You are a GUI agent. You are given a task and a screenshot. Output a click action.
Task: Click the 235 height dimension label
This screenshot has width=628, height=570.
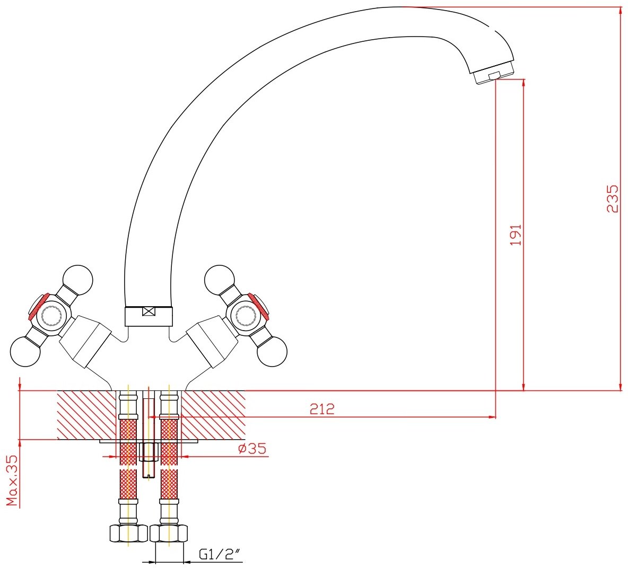click(x=613, y=199)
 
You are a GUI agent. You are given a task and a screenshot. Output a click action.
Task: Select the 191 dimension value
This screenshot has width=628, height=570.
click(x=516, y=235)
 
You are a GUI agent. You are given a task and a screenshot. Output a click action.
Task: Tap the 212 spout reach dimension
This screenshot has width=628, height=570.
click(x=322, y=409)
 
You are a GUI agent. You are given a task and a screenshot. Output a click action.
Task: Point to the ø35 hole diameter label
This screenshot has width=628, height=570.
click(x=252, y=448)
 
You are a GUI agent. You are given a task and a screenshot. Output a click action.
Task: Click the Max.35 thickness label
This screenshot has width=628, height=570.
click(x=12, y=480)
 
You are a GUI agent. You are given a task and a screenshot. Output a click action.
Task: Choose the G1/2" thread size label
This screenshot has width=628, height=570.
click(x=220, y=555)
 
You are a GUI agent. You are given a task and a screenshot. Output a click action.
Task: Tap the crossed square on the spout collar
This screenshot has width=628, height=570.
click(x=149, y=311)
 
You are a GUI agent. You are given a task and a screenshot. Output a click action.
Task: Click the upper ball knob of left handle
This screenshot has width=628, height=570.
click(x=78, y=279)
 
